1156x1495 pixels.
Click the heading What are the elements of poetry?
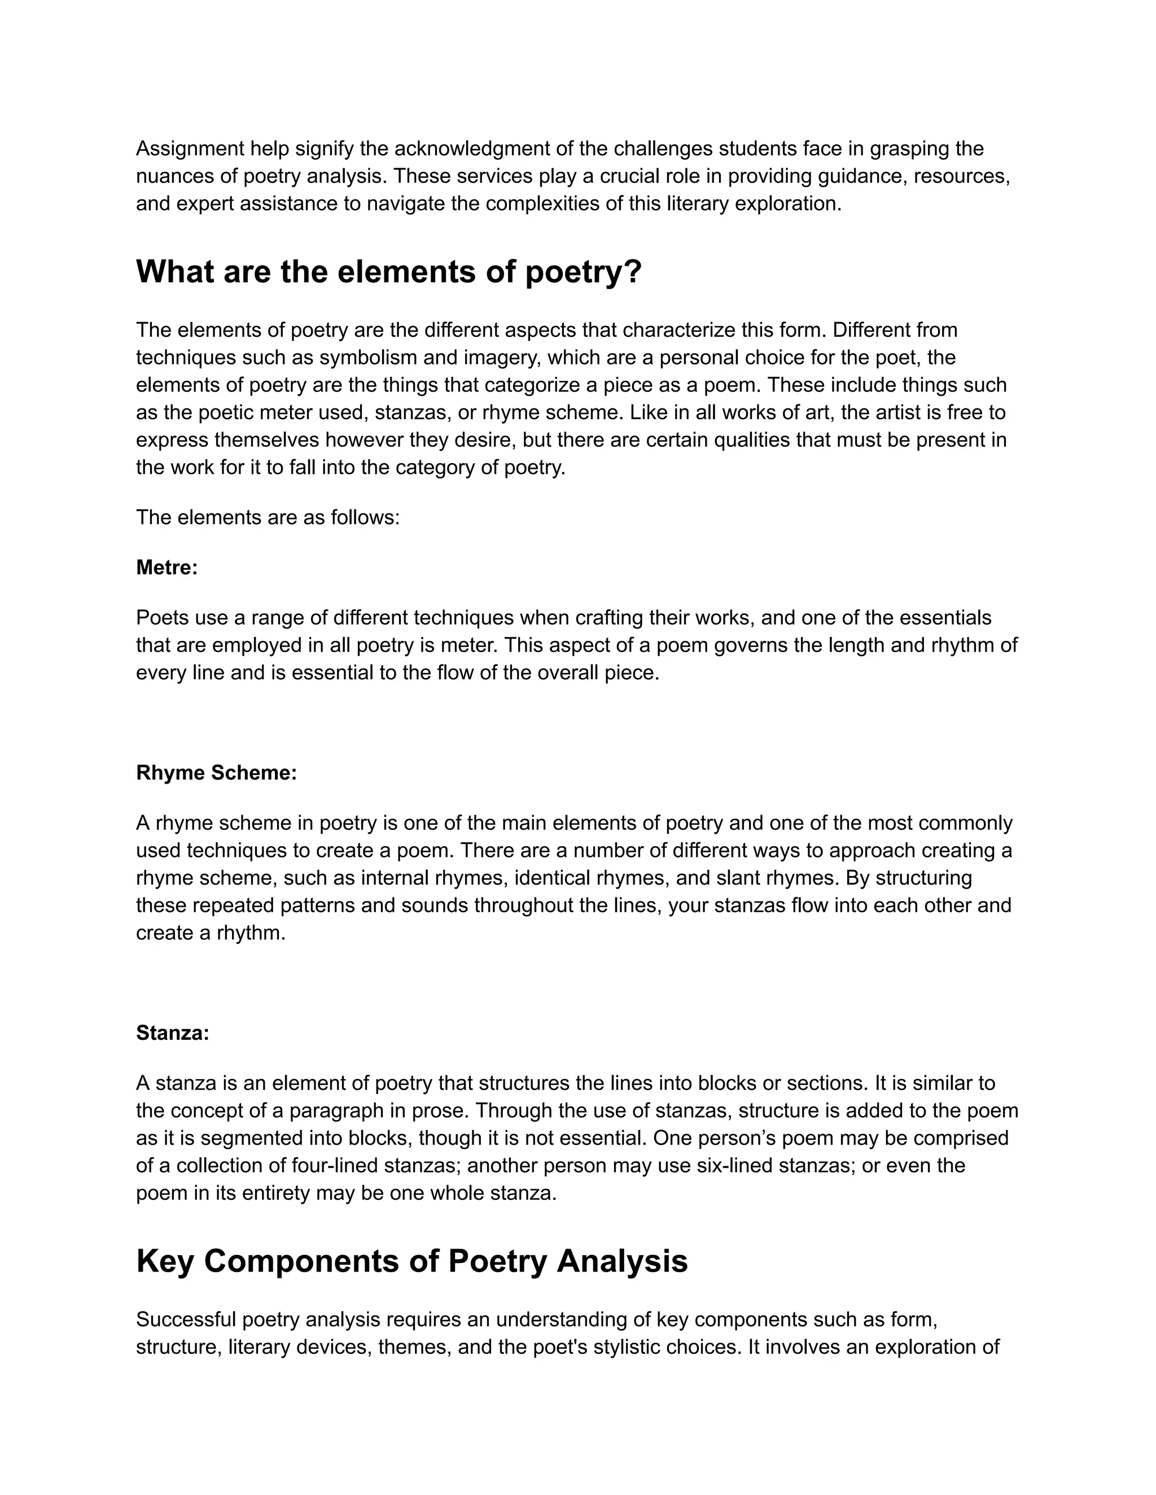(388, 272)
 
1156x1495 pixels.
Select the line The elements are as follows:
(267, 517)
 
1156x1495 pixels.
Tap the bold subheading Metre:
(167, 568)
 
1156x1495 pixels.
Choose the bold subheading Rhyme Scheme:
(216, 773)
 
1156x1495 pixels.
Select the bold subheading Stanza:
(173, 1033)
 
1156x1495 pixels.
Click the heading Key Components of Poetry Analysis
(411, 1261)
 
